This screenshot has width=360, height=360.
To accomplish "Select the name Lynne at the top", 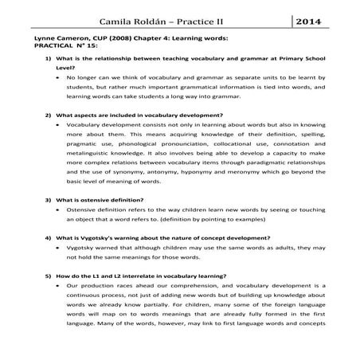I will point(42,37).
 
